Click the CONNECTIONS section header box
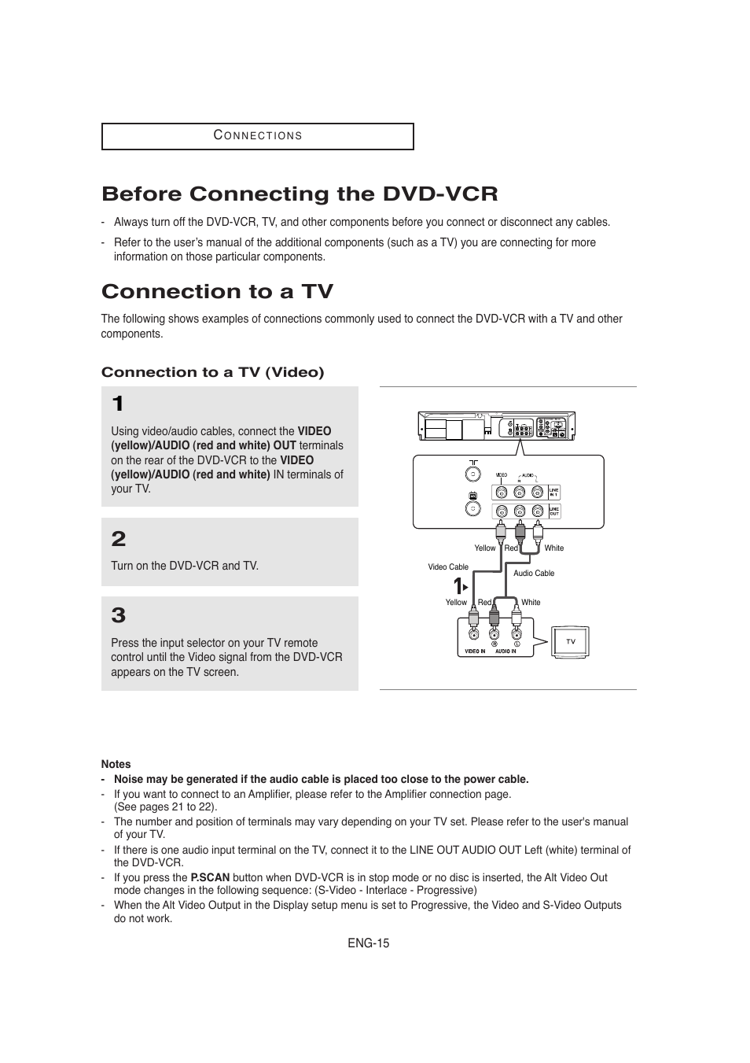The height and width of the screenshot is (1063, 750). click(257, 136)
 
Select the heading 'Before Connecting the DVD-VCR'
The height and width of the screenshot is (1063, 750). click(300, 194)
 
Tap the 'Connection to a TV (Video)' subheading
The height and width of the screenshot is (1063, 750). click(212, 372)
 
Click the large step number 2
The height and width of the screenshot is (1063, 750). click(119, 539)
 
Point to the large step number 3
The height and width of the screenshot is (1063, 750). click(119, 615)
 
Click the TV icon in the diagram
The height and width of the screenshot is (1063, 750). click(570, 641)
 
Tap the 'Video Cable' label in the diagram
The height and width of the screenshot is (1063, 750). click(448, 567)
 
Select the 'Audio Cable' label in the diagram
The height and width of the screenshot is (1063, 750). click(534, 573)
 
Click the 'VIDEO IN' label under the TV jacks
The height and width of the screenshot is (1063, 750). click(475, 651)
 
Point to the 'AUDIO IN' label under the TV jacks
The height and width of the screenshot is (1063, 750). click(506, 651)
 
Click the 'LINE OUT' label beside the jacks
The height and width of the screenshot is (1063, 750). click(554, 511)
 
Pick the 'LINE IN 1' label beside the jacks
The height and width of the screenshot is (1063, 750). click(554, 492)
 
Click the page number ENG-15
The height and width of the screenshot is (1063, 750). click(369, 943)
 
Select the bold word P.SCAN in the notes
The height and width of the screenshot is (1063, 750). click(210, 877)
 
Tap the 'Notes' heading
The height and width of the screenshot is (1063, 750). click(116, 764)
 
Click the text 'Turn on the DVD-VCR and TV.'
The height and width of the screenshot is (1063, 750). click(185, 566)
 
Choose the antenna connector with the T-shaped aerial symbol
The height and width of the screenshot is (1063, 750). click(472, 474)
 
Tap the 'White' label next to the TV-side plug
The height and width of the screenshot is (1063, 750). click(531, 602)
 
